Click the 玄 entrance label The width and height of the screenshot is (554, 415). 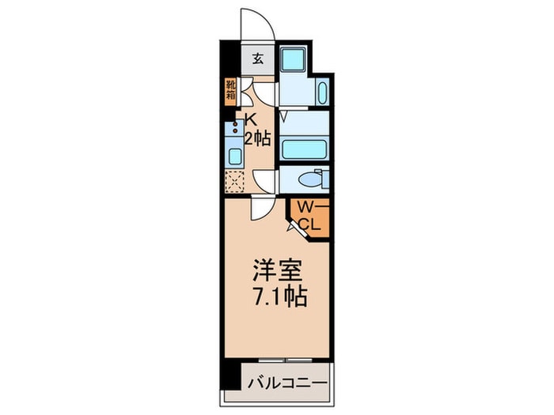click(x=258, y=58)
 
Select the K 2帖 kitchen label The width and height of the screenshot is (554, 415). click(x=257, y=130)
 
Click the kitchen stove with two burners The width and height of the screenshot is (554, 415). click(x=236, y=128)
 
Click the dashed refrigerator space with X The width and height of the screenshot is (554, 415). click(x=235, y=180)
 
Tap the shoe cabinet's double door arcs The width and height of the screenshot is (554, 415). click(x=249, y=94)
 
